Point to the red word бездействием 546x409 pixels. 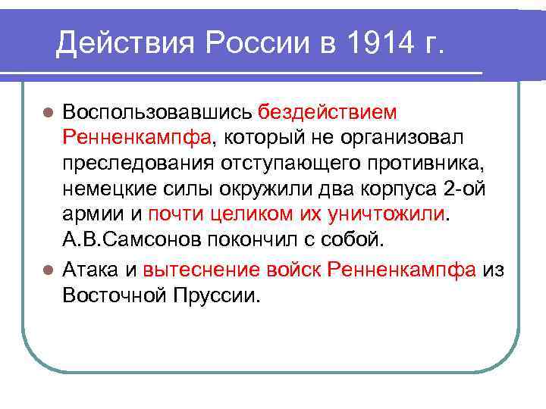[x=328, y=113]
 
